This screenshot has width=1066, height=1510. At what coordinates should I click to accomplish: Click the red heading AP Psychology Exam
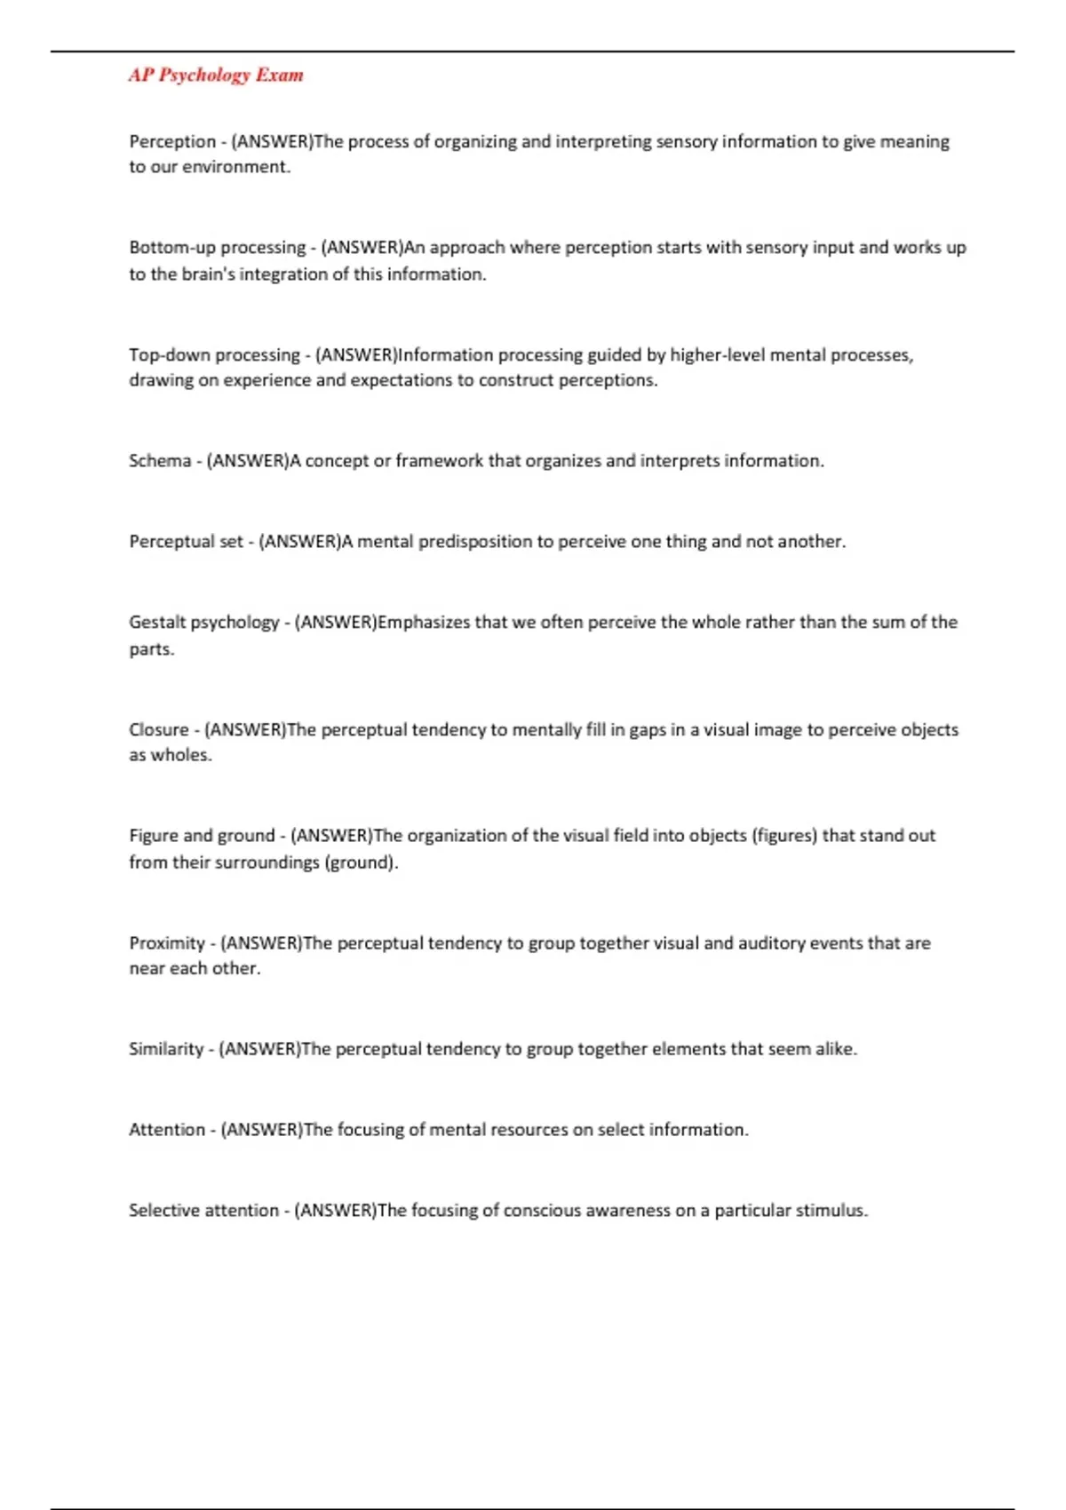click(216, 75)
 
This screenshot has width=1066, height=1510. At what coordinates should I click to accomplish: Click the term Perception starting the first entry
click(172, 142)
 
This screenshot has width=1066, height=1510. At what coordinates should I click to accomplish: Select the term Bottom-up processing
click(217, 248)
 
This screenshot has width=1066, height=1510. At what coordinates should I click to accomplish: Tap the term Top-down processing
click(214, 355)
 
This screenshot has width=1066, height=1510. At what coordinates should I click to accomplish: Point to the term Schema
click(160, 461)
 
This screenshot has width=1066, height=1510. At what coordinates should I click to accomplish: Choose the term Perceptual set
click(186, 542)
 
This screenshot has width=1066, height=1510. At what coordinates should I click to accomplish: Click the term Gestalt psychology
click(203, 623)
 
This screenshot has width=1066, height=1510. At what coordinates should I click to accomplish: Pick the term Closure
click(159, 730)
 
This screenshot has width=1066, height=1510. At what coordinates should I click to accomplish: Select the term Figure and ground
click(202, 836)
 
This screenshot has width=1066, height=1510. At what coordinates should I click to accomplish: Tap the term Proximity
click(167, 943)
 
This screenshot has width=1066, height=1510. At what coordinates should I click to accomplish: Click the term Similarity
click(166, 1049)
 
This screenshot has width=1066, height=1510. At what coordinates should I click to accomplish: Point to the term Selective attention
click(203, 1211)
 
